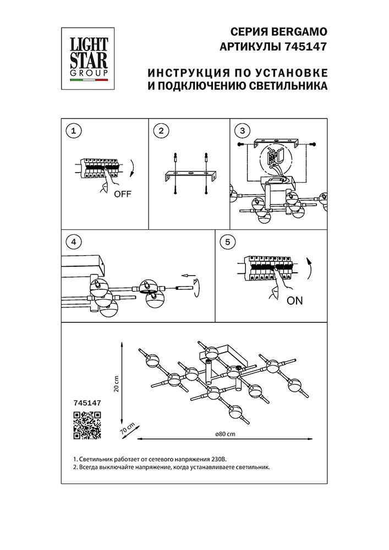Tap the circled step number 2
[x=161, y=131]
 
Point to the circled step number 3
[x=241, y=131]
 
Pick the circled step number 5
[x=226, y=241]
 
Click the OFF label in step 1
[x=123, y=194]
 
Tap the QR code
[x=87, y=425]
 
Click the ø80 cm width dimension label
[x=226, y=433]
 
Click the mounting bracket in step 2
[x=190, y=176]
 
